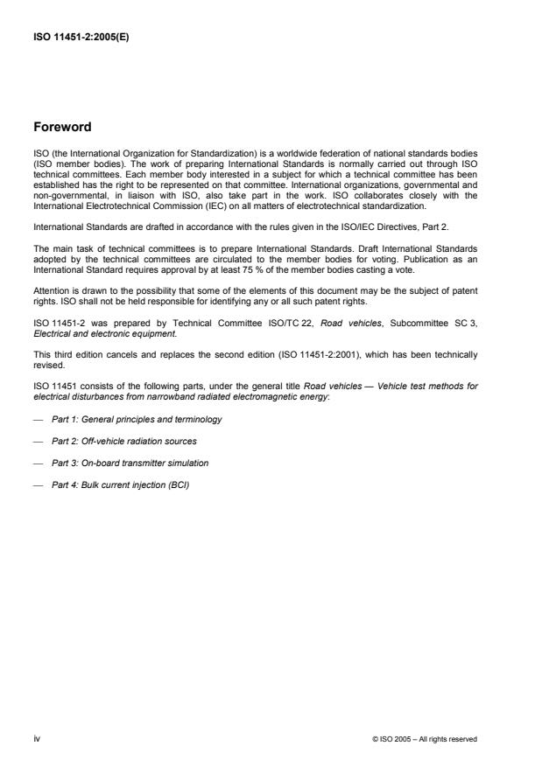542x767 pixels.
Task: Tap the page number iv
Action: click(x=37, y=738)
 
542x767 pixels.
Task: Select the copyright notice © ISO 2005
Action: click(x=424, y=739)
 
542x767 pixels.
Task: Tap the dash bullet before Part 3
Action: click(x=39, y=462)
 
